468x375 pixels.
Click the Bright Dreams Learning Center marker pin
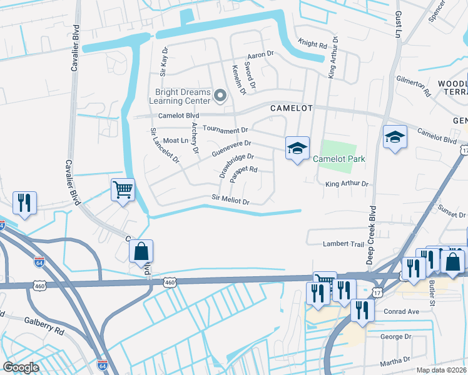tap(220, 96)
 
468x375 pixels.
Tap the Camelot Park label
tap(338, 159)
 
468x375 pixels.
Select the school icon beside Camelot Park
tap(298, 149)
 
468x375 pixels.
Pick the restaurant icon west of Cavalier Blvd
tap(24, 202)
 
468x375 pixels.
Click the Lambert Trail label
tap(343, 244)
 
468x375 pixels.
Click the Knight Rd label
tap(313, 45)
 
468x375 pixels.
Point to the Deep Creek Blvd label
tap(372, 234)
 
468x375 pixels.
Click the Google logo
tap(21, 367)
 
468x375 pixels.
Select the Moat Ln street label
tap(176, 141)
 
